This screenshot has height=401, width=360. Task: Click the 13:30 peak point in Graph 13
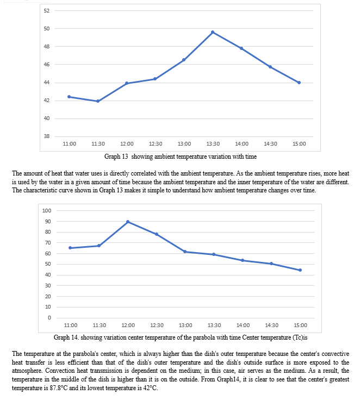(213, 32)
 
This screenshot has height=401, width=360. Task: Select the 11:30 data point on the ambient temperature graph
(98, 101)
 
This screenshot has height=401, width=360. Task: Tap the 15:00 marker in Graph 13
(299, 83)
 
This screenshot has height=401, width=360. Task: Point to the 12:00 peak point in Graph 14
(128, 222)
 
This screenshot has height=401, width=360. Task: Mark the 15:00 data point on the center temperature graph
(300, 270)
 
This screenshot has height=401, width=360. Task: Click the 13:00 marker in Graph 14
(185, 252)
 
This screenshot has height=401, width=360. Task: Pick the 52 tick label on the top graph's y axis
(47, 11)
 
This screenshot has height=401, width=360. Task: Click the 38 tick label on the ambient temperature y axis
(47, 136)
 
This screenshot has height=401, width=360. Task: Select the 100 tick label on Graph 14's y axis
(47, 210)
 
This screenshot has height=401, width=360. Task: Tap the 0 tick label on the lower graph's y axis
(49, 318)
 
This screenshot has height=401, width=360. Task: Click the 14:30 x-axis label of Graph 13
(270, 144)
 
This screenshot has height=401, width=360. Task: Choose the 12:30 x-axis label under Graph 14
(157, 325)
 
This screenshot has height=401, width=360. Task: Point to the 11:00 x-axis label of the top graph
(70, 144)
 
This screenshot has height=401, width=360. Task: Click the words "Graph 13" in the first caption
(116, 156)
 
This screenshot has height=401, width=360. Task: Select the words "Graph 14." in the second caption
(66, 337)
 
